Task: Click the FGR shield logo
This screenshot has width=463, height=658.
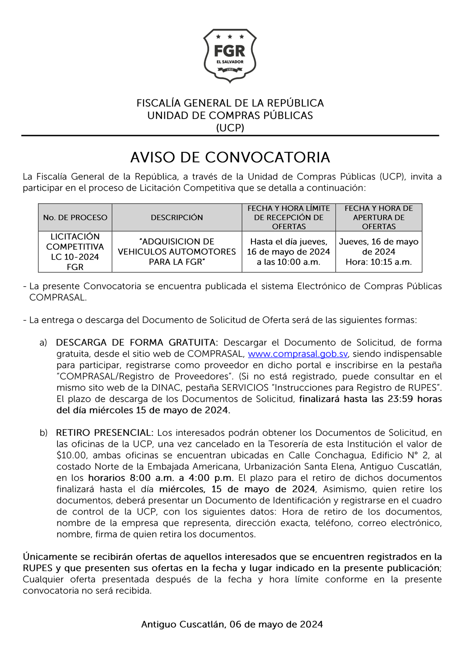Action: coord(230,56)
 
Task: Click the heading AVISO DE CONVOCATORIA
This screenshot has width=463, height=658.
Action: coord(230,157)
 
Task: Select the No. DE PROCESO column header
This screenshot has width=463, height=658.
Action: coord(75,217)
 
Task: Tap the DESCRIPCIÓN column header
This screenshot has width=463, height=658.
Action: coord(177,217)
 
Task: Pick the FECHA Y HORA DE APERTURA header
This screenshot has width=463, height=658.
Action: coord(379,217)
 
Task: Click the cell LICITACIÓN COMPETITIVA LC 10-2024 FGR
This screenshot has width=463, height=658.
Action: coord(75,252)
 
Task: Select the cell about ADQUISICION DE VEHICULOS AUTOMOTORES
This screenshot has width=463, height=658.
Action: coord(177,252)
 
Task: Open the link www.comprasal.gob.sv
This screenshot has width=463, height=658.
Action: coord(298,354)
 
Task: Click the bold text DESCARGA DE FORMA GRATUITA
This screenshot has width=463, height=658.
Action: coord(136,342)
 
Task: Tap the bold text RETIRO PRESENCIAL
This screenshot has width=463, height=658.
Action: coord(104,433)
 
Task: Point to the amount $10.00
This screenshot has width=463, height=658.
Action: coord(72,455)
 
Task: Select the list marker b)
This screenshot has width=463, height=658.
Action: coord(43,433)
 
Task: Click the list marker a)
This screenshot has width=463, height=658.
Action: coord(43,342)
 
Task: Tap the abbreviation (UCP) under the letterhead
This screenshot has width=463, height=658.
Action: coord(230,128)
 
